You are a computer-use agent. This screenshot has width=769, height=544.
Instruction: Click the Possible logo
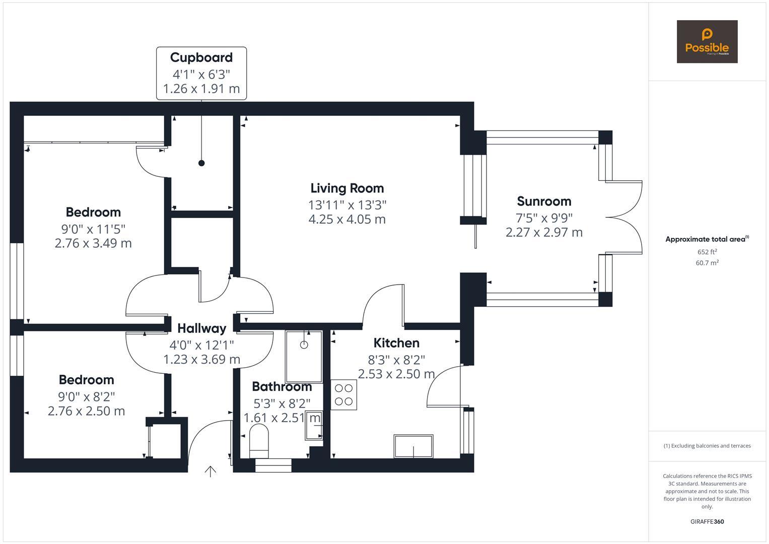[x=707, y=41]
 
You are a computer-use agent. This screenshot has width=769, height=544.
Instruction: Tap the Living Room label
[x=347, y=188]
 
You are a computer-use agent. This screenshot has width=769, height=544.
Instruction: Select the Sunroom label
[x=544, y=201]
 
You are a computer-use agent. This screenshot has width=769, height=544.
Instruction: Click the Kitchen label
[x=396, y=343]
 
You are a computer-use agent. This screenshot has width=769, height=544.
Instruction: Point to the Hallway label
[x=202, y=328]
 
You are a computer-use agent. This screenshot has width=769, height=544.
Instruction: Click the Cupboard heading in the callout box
[x=201, y=57]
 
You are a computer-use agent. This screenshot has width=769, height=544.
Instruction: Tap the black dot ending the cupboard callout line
[x=201, y=163]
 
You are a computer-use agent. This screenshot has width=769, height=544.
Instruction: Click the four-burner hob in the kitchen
[x=343, y=394]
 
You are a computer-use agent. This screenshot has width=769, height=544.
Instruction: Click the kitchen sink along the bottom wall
[x=413, y=446]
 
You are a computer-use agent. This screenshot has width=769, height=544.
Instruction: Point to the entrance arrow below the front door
[x=210, y=471]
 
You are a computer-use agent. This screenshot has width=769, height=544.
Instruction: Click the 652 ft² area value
[x=707, y=252]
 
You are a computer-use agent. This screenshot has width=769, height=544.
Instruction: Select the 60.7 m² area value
[x=707, y=263]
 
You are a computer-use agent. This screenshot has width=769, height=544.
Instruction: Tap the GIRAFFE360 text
[x=707, y=521]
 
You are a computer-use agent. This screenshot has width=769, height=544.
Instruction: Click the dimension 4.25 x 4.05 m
[x=347, y=219]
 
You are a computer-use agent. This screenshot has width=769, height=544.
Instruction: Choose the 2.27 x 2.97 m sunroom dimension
[x=544, y=232]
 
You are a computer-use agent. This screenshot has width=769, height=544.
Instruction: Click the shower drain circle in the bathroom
[x=304, y=345]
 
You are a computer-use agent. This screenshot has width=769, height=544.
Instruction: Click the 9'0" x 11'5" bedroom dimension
[x=93, y=229]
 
